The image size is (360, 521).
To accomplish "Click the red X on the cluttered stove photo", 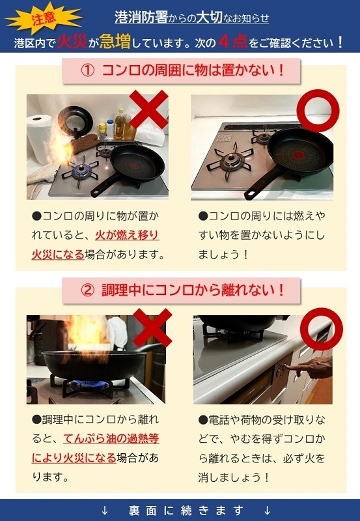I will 148,109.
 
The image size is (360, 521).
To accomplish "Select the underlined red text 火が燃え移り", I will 127,235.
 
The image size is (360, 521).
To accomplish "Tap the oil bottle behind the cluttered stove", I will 120,124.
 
